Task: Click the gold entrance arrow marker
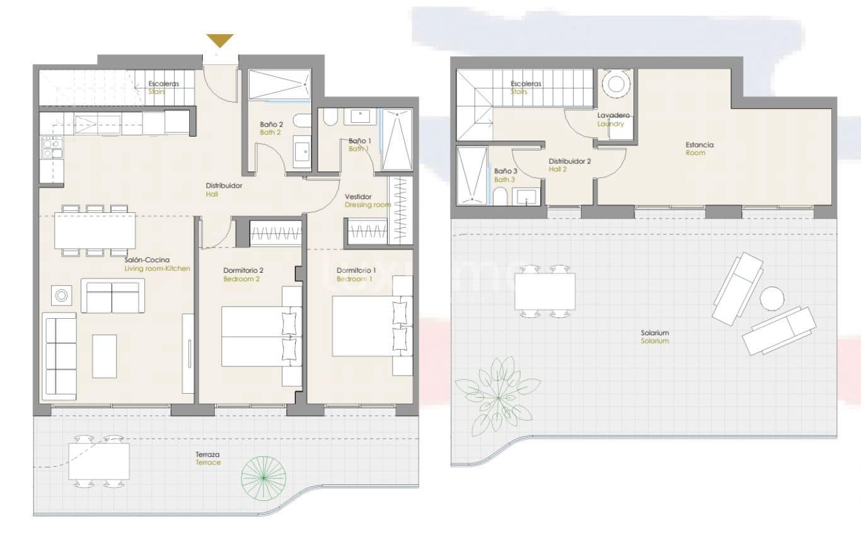(220, 41)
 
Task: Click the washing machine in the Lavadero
(614, 83)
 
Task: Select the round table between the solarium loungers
(771, 298)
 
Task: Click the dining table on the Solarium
(545, 292)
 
